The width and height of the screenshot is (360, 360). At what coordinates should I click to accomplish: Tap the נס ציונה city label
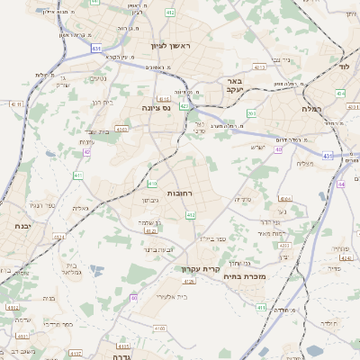point(158,107)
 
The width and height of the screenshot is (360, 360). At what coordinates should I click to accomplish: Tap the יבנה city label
point(13,227)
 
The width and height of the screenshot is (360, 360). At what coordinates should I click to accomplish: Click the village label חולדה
point(327,322)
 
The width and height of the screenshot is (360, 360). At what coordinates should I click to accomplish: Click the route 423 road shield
point(184,106)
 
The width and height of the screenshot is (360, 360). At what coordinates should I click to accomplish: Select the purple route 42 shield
point(86,152)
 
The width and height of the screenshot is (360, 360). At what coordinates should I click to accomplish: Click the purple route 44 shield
point(340,184)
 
